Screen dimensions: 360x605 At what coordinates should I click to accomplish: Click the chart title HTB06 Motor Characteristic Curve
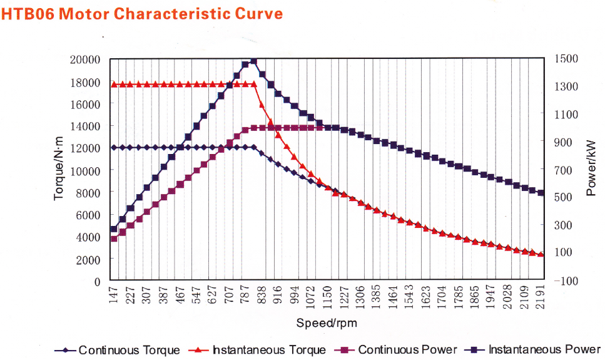pyautogui.click(x=142, y=13)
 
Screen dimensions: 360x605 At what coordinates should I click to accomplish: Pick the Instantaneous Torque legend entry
pyautogui.click(x=257, y=350)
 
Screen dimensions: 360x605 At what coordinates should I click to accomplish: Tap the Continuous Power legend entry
pyautogui.click(x=398, y=350)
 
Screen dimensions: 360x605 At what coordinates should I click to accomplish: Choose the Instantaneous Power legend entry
pyautogui.click(x=534, y=350)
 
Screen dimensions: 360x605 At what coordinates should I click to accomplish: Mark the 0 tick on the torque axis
pyautogui.click(x=97, y=282)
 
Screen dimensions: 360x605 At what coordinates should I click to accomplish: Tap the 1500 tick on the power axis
pyautogui.click(x=567, y=59)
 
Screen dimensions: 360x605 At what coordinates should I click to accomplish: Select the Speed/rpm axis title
pyautogui.click(x=327, y=323)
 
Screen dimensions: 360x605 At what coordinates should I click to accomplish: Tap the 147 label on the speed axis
pyautogui.click(x=114, y=295)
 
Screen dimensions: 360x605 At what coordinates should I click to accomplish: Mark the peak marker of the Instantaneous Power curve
pyautogui.click(x=253, y=61)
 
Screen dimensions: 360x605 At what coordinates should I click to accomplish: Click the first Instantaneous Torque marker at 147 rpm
pyautogui.click(x=114, y=84)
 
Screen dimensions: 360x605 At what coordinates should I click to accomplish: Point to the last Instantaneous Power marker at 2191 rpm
pyautogui.click(x=541, y=193)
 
